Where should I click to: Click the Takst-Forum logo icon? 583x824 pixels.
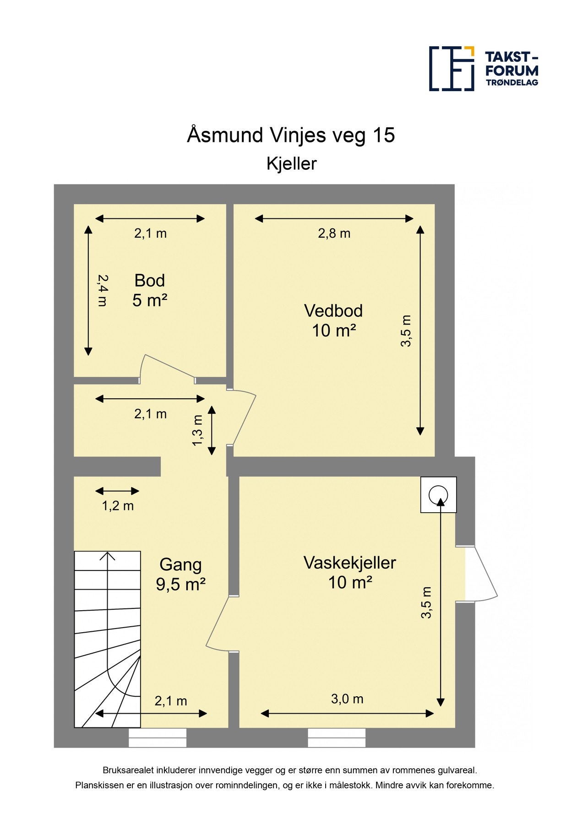(x=452, y=69)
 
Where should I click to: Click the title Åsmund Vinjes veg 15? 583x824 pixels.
(x=291, y=135)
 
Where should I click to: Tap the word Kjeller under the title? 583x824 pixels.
(x=292, y=164)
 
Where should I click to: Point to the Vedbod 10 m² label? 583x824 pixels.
(x=334, y=320)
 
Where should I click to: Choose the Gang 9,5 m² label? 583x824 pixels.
(x=180, y=575)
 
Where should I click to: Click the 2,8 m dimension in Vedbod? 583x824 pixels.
(x=334, y=233)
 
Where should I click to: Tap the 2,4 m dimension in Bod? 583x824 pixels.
(x=103, y=290)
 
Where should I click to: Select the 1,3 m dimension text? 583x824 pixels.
(x=197, y=430)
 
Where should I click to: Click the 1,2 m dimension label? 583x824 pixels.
(x=118, y=506)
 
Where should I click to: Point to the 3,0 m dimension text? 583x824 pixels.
(x=347, y=699)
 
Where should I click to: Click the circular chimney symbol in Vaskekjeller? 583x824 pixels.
(x=438, y=494)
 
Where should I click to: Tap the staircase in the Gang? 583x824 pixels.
(x=108, y=639)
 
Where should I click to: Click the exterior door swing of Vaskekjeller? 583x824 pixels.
(x=481, y=573)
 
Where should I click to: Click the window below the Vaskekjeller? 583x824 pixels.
(x=337, y=737)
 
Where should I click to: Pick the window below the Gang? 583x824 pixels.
(x=158, y=737)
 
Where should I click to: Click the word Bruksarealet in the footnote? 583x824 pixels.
(x=128, y=770)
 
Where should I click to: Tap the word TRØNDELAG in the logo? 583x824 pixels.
(x=512, y=82)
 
